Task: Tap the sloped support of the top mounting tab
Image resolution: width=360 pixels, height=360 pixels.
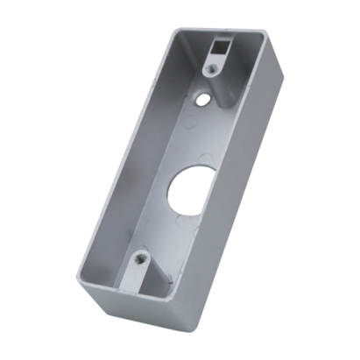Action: click(x=210, y=74)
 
